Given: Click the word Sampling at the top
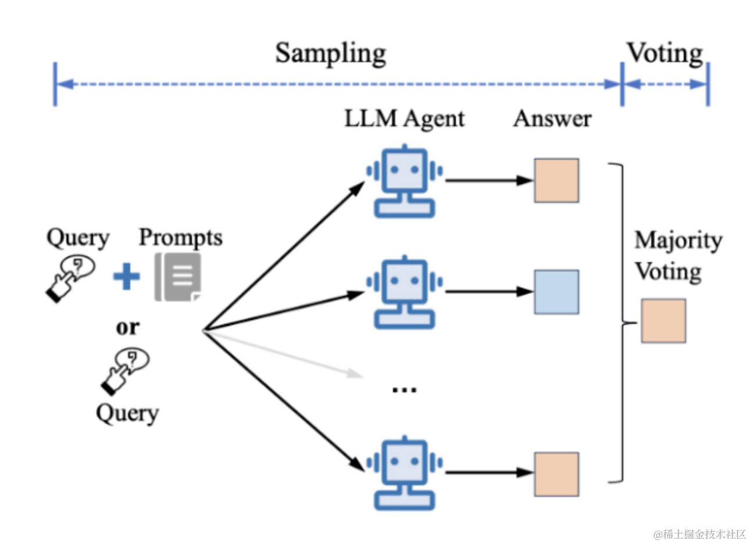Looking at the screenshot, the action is (330, 54).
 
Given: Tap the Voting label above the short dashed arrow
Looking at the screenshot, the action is (665, 53).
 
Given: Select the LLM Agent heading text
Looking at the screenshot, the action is (405, 119).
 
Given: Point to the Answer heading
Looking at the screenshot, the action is (552, 119).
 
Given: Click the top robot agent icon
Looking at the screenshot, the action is (405, 181).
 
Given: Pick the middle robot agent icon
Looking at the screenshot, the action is (405, 292).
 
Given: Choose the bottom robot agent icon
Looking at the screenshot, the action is (405, 473).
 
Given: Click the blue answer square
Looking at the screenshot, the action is (556, 292).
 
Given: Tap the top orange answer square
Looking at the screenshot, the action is (556, 181).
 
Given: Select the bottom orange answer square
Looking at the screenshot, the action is (556, 474).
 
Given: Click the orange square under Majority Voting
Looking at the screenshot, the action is (663, 321).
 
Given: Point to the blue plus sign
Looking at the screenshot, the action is (127, 276).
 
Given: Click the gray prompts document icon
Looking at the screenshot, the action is (178, 277).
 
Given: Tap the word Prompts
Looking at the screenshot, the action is (181, 238).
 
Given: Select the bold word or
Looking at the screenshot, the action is (127, 327).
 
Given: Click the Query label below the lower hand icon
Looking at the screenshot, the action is (127, 414).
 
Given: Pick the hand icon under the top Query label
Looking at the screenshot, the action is (70, 279).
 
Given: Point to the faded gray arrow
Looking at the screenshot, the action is (284, 354).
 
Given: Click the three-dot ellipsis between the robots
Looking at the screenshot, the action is (405, 389).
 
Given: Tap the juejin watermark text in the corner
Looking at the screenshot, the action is (699, 534).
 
